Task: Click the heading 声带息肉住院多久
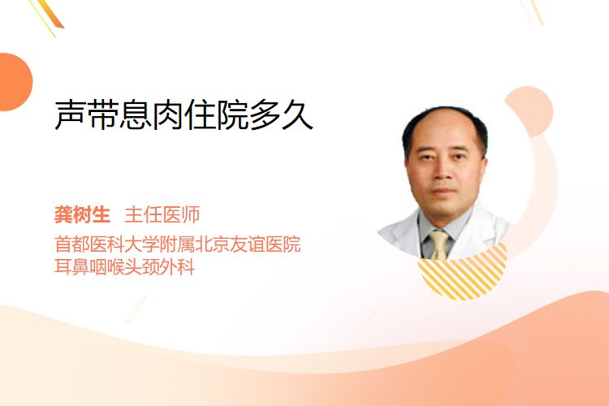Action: (184, 114)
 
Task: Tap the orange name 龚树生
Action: (82, 215)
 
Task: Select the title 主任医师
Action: (162, 215)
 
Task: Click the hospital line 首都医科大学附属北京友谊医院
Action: (178, 244)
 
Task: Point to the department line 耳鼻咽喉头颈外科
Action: (124, 267)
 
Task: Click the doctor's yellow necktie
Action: (439, 244)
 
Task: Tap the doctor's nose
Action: (442, 172)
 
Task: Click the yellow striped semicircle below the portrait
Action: (463, 274)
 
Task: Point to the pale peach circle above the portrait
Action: (529, 111)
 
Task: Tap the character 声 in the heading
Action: (70, 114)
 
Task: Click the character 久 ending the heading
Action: (297, 114)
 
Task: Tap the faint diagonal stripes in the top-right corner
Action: (532, 11)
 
